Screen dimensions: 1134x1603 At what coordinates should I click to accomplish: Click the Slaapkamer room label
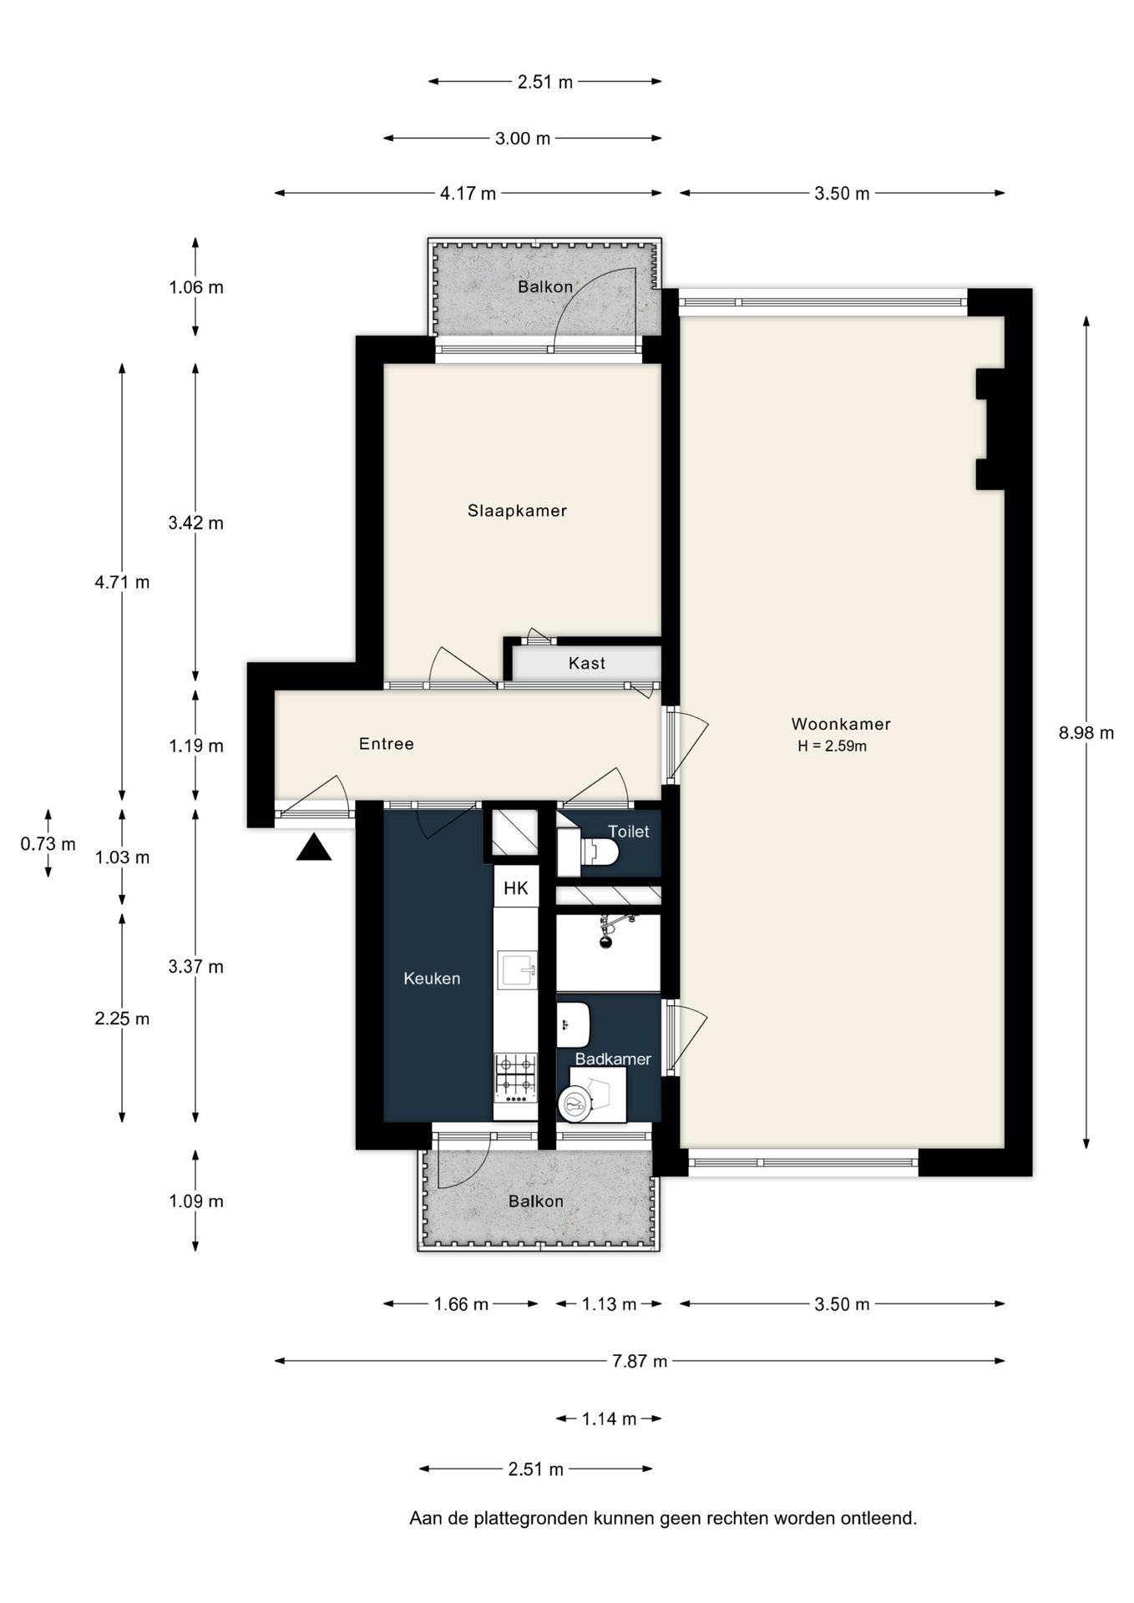pyautogui.click(x=517, y=510)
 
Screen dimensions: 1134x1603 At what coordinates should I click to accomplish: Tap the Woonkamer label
pyautogui.click(x=841, y=724)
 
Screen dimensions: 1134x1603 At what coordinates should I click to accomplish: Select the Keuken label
pyautogui.click(x=432, y=978)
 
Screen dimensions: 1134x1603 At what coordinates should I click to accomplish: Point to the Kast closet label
pyautogui.click(x=586, y=663)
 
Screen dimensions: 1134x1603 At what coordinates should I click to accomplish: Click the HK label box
pyautogui.click(x=516, y=887)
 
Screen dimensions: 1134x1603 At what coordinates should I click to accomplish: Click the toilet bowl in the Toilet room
pyautogui.click(x=600, y=852)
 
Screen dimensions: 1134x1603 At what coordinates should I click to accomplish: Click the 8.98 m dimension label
pyautogui.click(x=1086, y=733)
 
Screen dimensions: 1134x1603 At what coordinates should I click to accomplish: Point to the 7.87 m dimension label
pyautogui.click(x=640, y=1361)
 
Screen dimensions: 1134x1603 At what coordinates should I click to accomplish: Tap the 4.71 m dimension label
pyautogui.click(x=122, y=582)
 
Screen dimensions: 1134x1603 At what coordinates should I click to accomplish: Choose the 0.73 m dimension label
pyautogui.click(x=48, y=844)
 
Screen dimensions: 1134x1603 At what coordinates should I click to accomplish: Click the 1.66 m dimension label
pyautogui.click(x=461, y=1304)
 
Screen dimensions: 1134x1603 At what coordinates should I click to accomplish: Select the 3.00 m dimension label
pyautogui.click(x=523, y=139)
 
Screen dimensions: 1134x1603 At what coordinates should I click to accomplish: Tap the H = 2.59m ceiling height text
pyautogui.click(x=832, y=746)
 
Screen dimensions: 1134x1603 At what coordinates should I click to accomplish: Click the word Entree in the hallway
pyautogui.click(x=386, y=744)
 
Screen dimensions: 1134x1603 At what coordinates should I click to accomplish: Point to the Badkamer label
pyautogui.click(x=613, y=1059)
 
